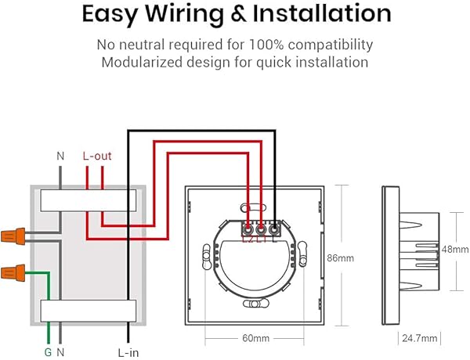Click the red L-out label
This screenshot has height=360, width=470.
tap(97, 156)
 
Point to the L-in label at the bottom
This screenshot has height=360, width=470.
tap(128, 352)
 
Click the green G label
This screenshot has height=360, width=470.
tap(46, 352)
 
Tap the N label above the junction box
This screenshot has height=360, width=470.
tap(60, 156)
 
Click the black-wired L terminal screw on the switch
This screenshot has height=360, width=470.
tap(275, 229)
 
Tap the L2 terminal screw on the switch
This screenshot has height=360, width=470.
tap(248, 230)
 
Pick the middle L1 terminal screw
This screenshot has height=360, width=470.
tap(262, 230)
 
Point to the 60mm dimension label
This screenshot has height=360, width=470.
tap(255, 338)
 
